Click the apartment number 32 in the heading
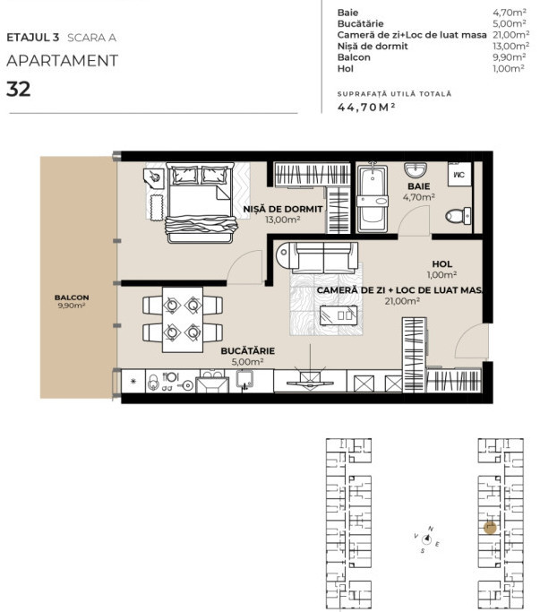[x=18, y=90]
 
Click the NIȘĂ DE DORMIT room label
[x=282, y=210]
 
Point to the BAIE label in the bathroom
[x=418, y=187]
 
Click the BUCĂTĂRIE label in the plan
[x=248, y=350]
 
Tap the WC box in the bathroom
[x=460, y=174]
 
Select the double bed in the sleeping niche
[x=197, y=198]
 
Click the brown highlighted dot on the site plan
[x=489, y=527]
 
